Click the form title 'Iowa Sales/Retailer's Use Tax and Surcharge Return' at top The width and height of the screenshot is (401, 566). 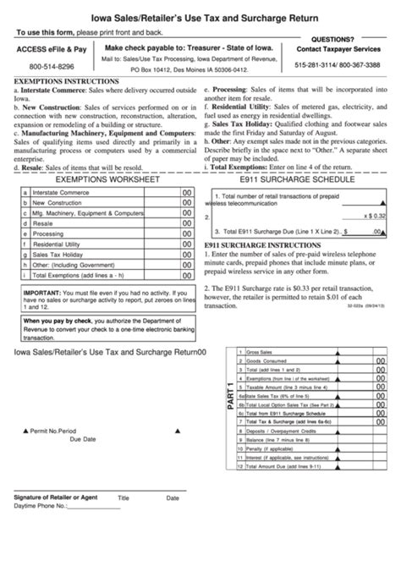[x=200, y=16]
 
